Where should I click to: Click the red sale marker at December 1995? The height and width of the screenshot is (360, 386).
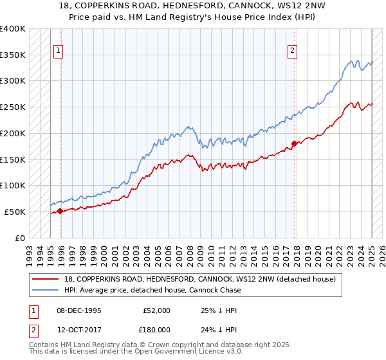(x=60, y=210)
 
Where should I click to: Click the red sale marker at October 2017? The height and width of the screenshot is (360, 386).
(x=294, y=143)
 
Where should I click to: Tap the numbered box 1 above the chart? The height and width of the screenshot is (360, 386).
(x=59, y=50)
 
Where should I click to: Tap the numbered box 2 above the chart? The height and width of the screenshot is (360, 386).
(x=293, y=50)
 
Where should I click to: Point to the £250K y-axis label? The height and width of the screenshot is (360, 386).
(x=13, y=107)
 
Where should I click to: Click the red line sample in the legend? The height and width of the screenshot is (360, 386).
(x=46, y=280)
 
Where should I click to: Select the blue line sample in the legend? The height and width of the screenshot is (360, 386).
(x=46, y=290)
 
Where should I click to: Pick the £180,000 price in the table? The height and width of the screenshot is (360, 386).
(x=156, y=330)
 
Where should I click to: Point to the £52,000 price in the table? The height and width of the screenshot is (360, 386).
(x=156, y=310)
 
